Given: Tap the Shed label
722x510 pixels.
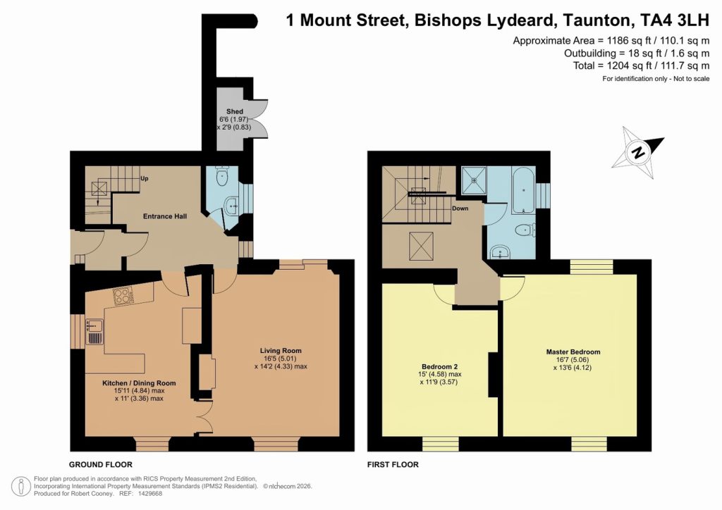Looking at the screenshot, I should click(235, 111).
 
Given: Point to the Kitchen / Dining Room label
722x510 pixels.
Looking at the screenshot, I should click(138, 382).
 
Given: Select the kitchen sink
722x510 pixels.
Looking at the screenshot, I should click(94, 330).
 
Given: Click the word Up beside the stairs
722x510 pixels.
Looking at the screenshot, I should click(145, 178).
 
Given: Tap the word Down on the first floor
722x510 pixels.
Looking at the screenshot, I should click(460, 209).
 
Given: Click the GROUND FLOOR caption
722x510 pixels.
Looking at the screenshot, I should click(100, 464).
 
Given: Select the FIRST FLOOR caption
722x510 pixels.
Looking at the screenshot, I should click(393, 464).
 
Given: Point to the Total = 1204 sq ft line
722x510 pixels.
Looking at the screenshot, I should click(653, 66).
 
